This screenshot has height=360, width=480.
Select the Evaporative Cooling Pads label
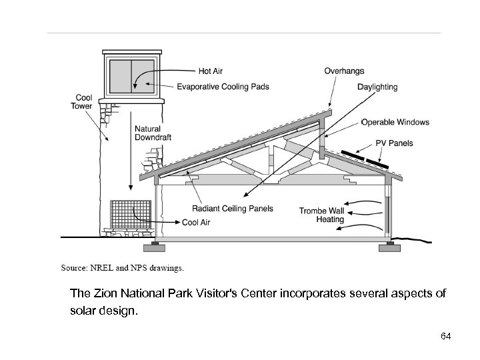click(223, 87)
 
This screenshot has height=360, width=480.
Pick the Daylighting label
click(377, 87)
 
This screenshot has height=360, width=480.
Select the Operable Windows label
click(395, 123)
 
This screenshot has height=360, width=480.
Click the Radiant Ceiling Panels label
click(233, 209)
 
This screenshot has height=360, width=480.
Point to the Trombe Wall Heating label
click(321, 215)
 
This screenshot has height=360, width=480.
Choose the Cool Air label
click(196, 222)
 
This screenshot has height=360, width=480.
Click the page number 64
click(446, 336)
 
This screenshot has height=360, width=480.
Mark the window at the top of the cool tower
click(131, 74)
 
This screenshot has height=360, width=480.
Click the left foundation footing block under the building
click(157, 247)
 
